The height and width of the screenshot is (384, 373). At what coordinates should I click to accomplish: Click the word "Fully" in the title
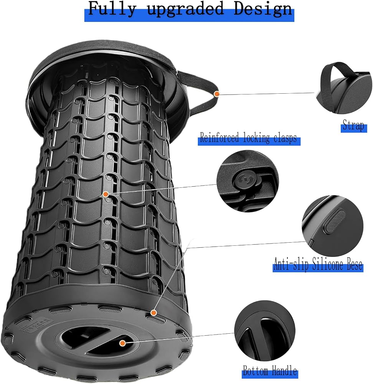[112, 9]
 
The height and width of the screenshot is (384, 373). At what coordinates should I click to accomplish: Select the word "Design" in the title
[263, 9]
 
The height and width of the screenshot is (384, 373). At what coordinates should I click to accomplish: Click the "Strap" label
[353, 125]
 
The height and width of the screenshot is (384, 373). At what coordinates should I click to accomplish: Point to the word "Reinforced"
[219, 137]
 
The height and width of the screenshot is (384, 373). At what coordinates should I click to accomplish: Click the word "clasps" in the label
[285, 138]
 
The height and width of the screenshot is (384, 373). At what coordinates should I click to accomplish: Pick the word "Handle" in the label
[284, 371]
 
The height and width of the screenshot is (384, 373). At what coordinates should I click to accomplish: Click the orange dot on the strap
[216, 94]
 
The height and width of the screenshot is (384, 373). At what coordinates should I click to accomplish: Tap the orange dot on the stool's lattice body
[106, 194]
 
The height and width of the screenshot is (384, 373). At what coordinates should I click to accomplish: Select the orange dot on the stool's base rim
[154, 313]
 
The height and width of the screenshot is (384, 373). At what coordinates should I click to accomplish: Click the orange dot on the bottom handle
[123, 343]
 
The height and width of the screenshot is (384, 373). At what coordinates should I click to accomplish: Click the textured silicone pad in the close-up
[334, 221]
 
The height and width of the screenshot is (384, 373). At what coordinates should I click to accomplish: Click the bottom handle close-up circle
[265, 331]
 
